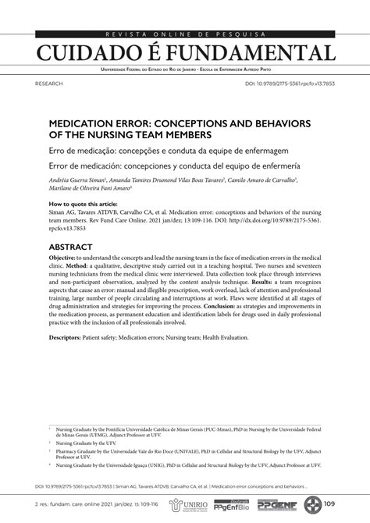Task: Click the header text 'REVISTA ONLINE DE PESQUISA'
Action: coord(184,34)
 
